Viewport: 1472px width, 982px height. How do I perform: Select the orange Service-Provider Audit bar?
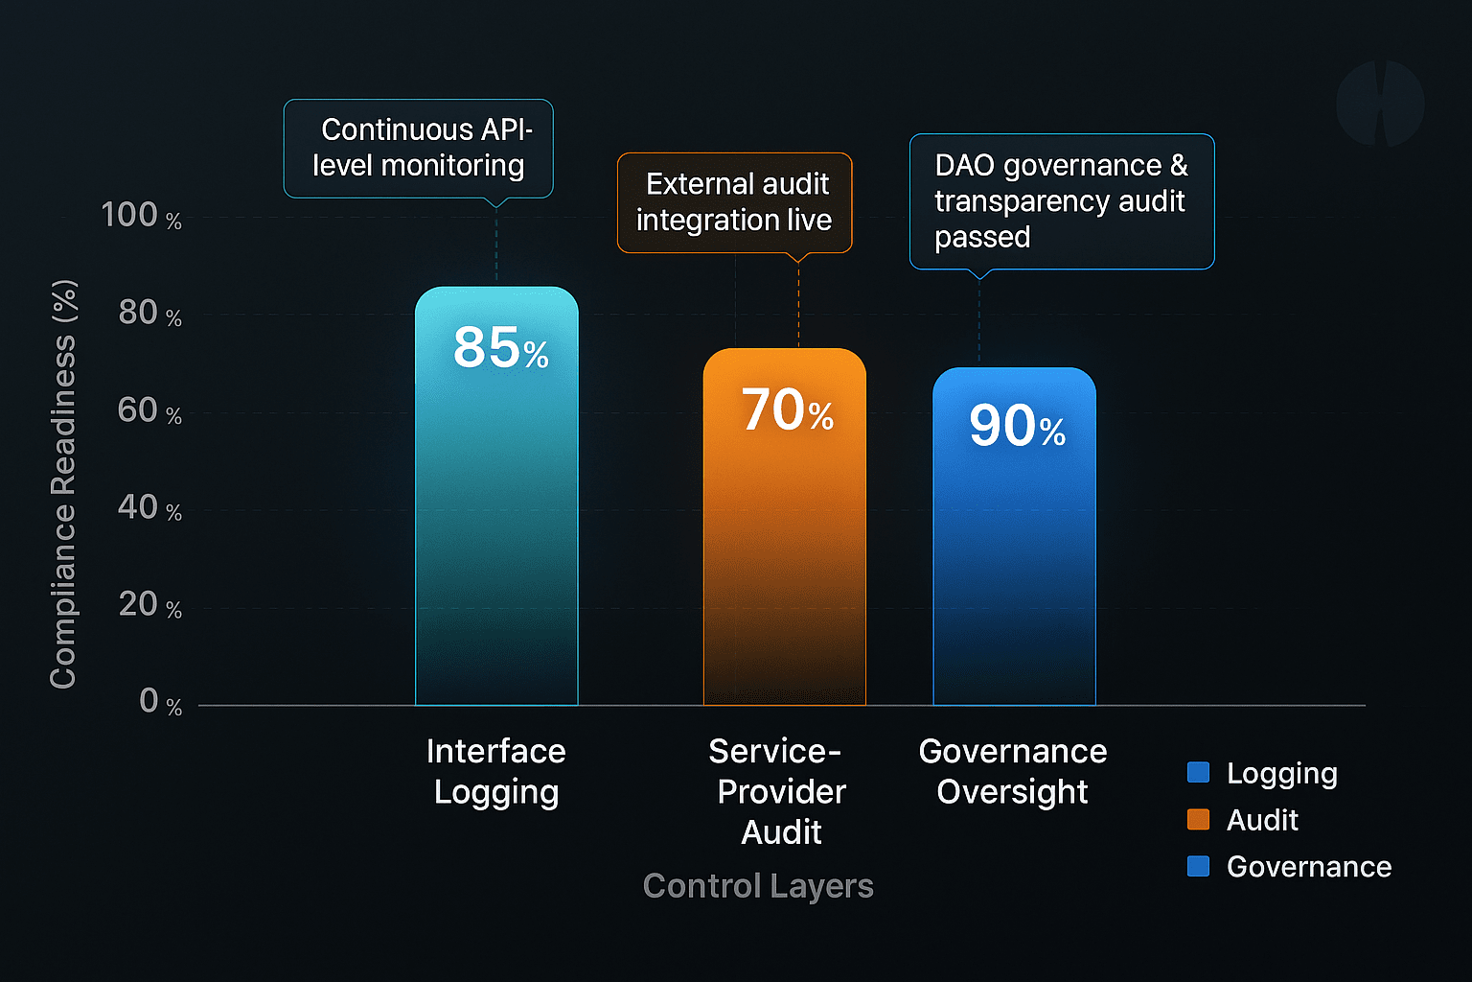(784, 556)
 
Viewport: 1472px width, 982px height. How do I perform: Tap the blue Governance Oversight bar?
(1014, 566)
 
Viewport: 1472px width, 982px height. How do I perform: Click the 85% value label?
(500, 347)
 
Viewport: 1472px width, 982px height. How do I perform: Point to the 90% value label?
(1017, 426)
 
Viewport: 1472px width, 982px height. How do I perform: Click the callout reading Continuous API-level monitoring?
(419, 148)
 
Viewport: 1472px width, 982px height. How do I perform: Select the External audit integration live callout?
(734, 202)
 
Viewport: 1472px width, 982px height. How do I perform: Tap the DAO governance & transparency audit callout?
(1061, 201)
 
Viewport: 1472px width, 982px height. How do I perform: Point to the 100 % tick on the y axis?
(141, 216)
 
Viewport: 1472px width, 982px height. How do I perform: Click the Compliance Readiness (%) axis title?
(63, 484)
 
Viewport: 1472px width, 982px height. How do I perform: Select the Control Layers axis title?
(758, 886)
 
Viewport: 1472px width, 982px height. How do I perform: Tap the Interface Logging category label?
(496, 771)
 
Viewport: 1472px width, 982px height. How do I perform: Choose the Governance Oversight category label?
(1013, 771)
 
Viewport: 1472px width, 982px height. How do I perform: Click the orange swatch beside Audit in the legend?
(1198, 819)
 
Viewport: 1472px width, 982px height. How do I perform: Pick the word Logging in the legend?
(1281, 773)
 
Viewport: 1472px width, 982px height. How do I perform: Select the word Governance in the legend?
(1309, 866)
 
